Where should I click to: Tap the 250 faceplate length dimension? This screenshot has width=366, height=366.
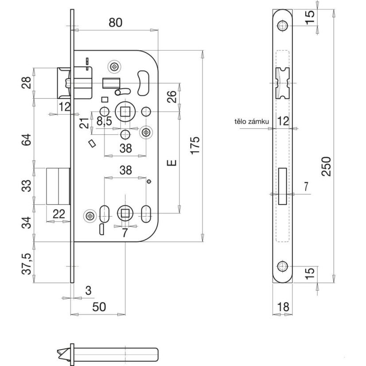[x=327, y=166]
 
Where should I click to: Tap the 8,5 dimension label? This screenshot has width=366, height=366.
[x=104, y=120]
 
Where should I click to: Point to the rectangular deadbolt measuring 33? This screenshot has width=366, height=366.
[x=58, y=186]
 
